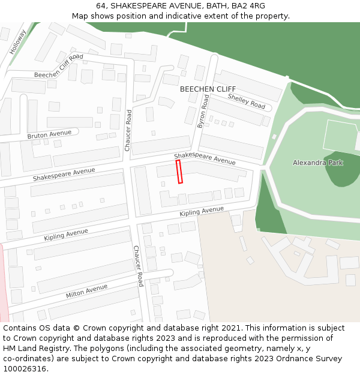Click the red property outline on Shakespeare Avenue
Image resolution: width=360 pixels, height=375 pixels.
[179, 172]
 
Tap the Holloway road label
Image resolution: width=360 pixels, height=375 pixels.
[17, 42]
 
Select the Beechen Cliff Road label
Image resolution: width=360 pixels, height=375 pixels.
[58, 66]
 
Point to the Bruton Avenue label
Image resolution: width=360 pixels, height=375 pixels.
[49, 134]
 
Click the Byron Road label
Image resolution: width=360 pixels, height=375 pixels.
[203, 111]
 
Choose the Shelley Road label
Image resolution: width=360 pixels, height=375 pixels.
[246, 101]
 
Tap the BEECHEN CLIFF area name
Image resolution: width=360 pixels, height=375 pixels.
[208, 89]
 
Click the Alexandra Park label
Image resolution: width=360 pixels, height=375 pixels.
[317, 163]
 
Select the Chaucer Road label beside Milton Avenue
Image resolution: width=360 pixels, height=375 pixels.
[138, 266]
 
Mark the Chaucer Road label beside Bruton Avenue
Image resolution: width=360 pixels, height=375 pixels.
[128, 130]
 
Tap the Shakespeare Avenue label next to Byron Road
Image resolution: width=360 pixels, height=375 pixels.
[205, 158]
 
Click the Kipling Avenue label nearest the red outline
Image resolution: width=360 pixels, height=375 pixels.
[201, 212]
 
